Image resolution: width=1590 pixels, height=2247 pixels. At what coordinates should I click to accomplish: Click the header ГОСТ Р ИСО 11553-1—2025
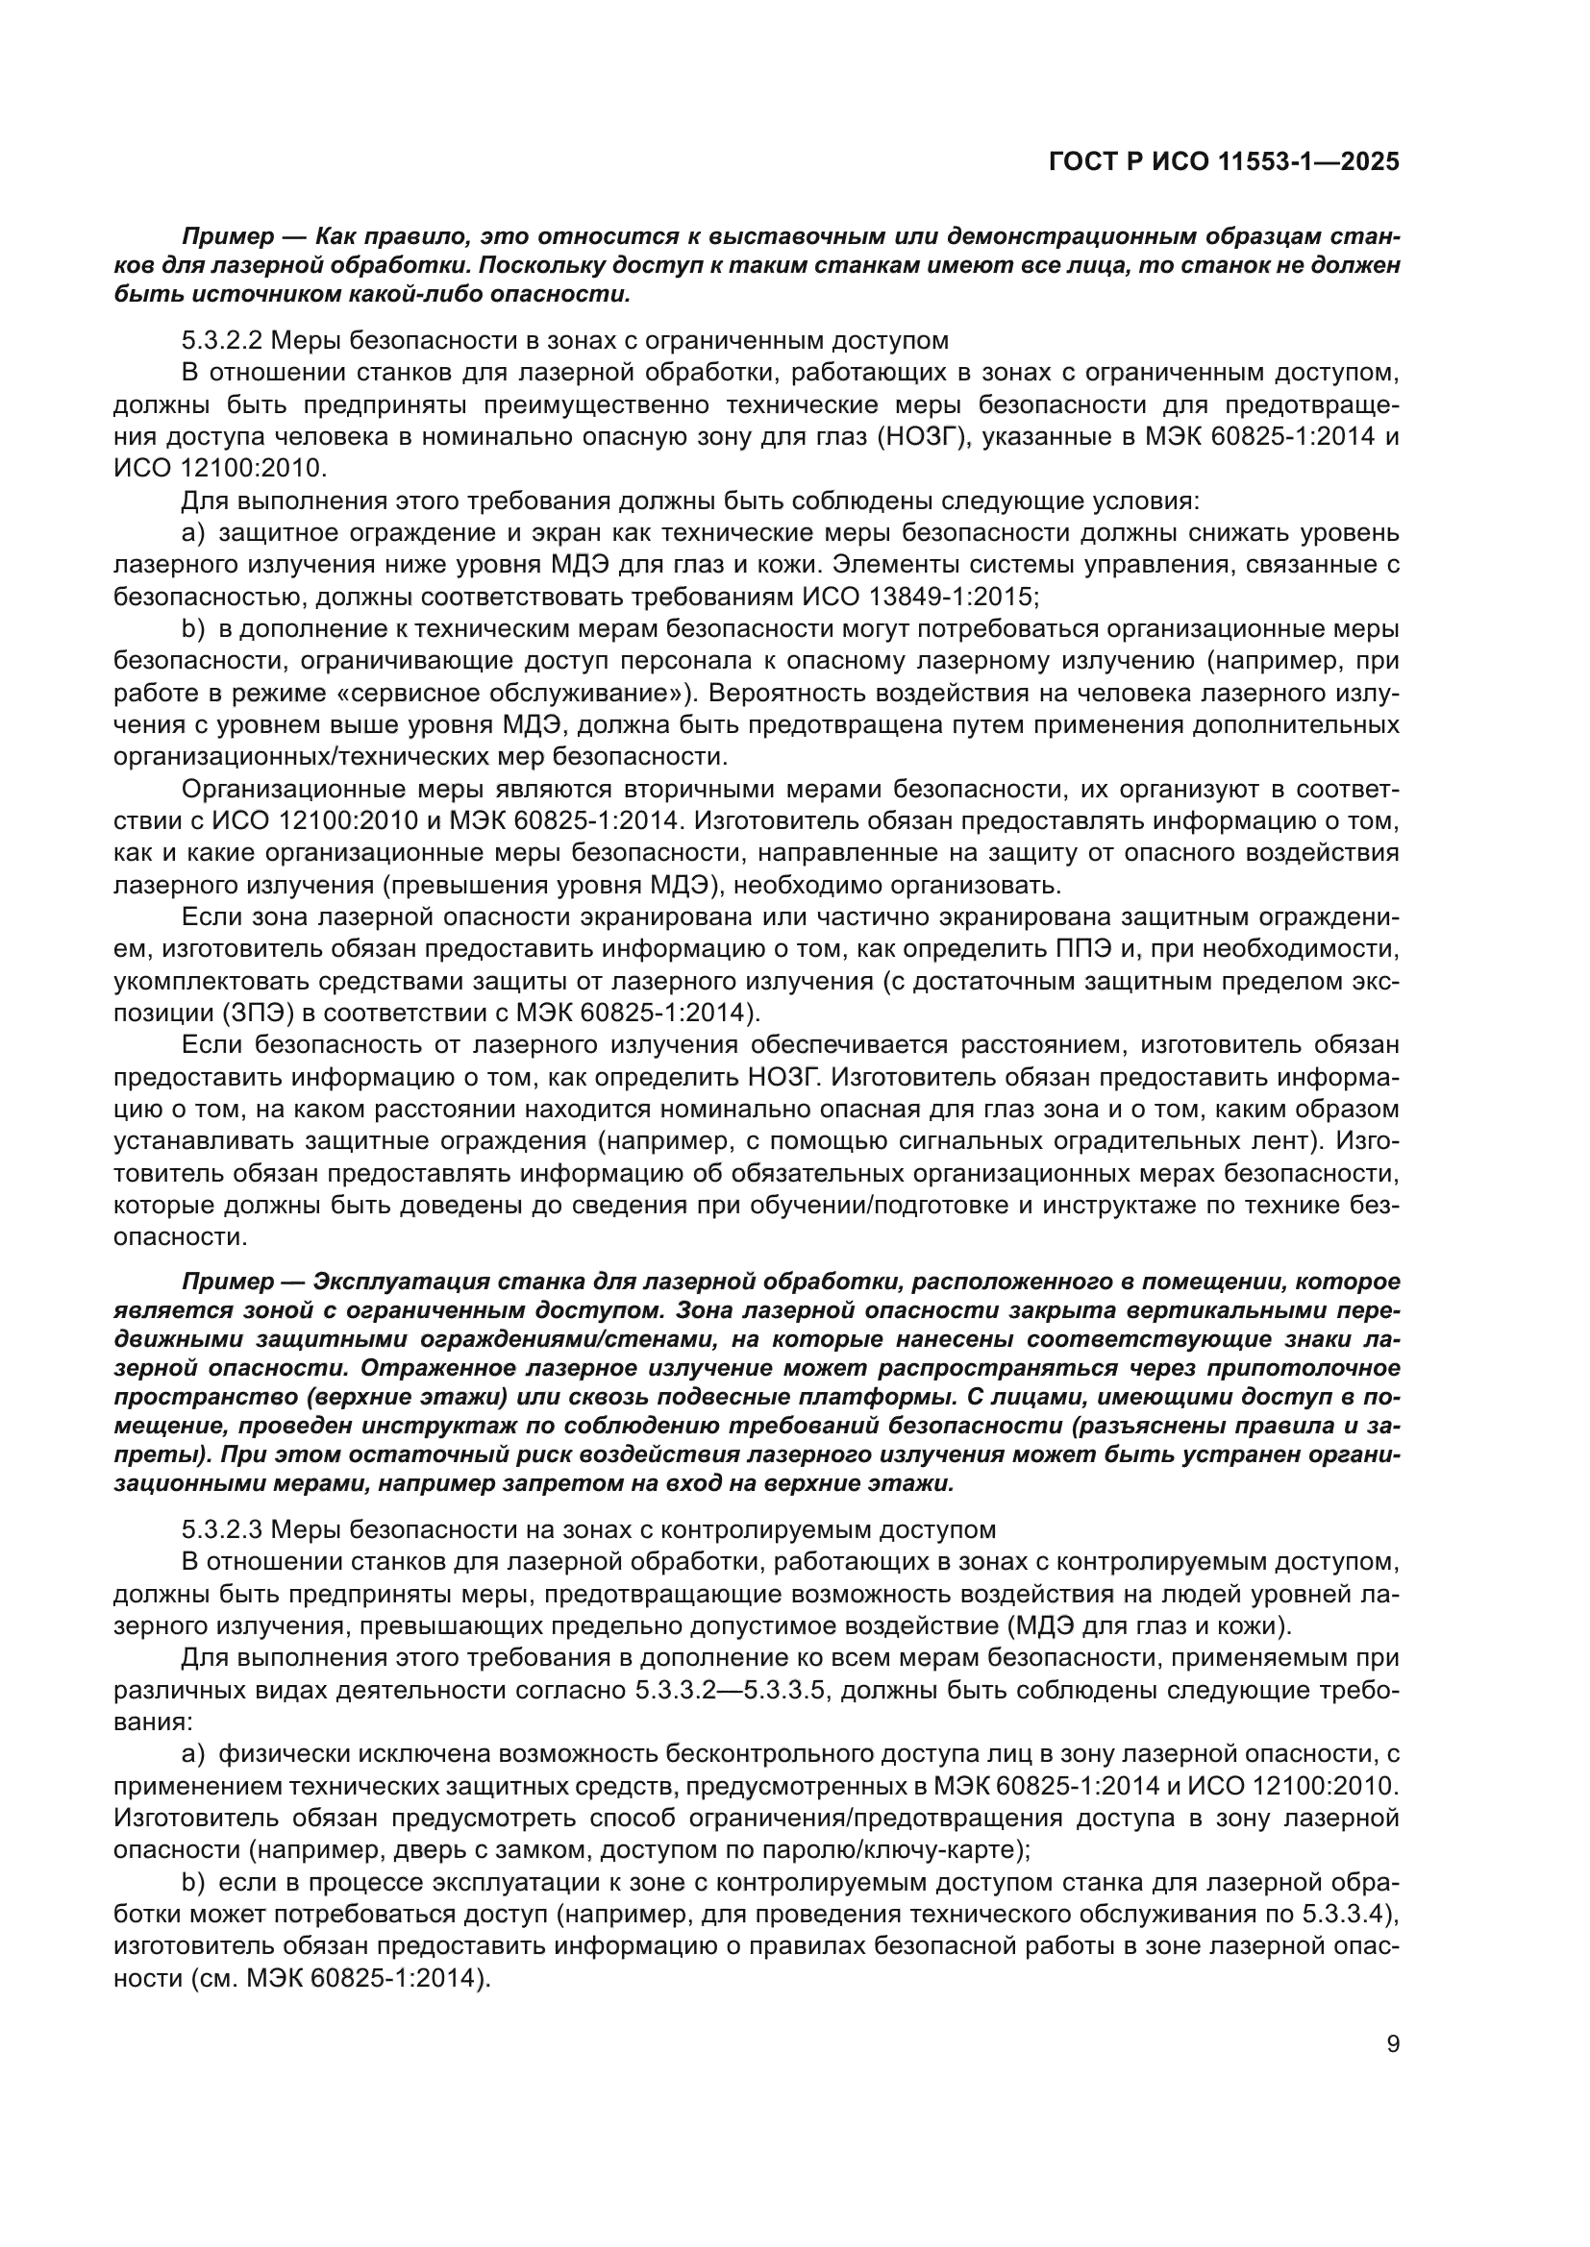1223,162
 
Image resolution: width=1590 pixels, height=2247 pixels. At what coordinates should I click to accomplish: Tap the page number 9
1393,2042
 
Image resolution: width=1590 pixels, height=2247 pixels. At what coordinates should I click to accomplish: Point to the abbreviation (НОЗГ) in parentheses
912,436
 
